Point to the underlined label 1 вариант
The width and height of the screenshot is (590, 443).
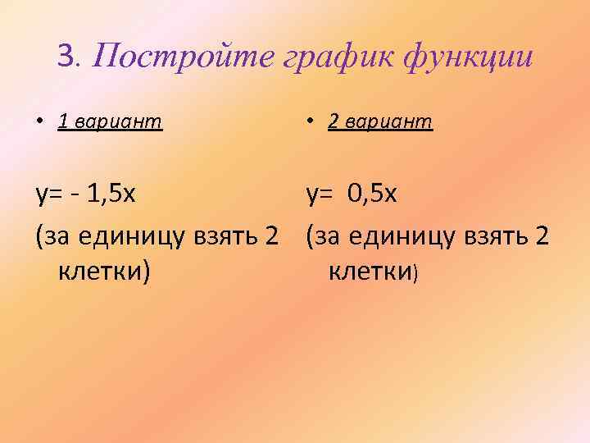point(110,122)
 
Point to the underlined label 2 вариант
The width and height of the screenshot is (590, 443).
point(379,122)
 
